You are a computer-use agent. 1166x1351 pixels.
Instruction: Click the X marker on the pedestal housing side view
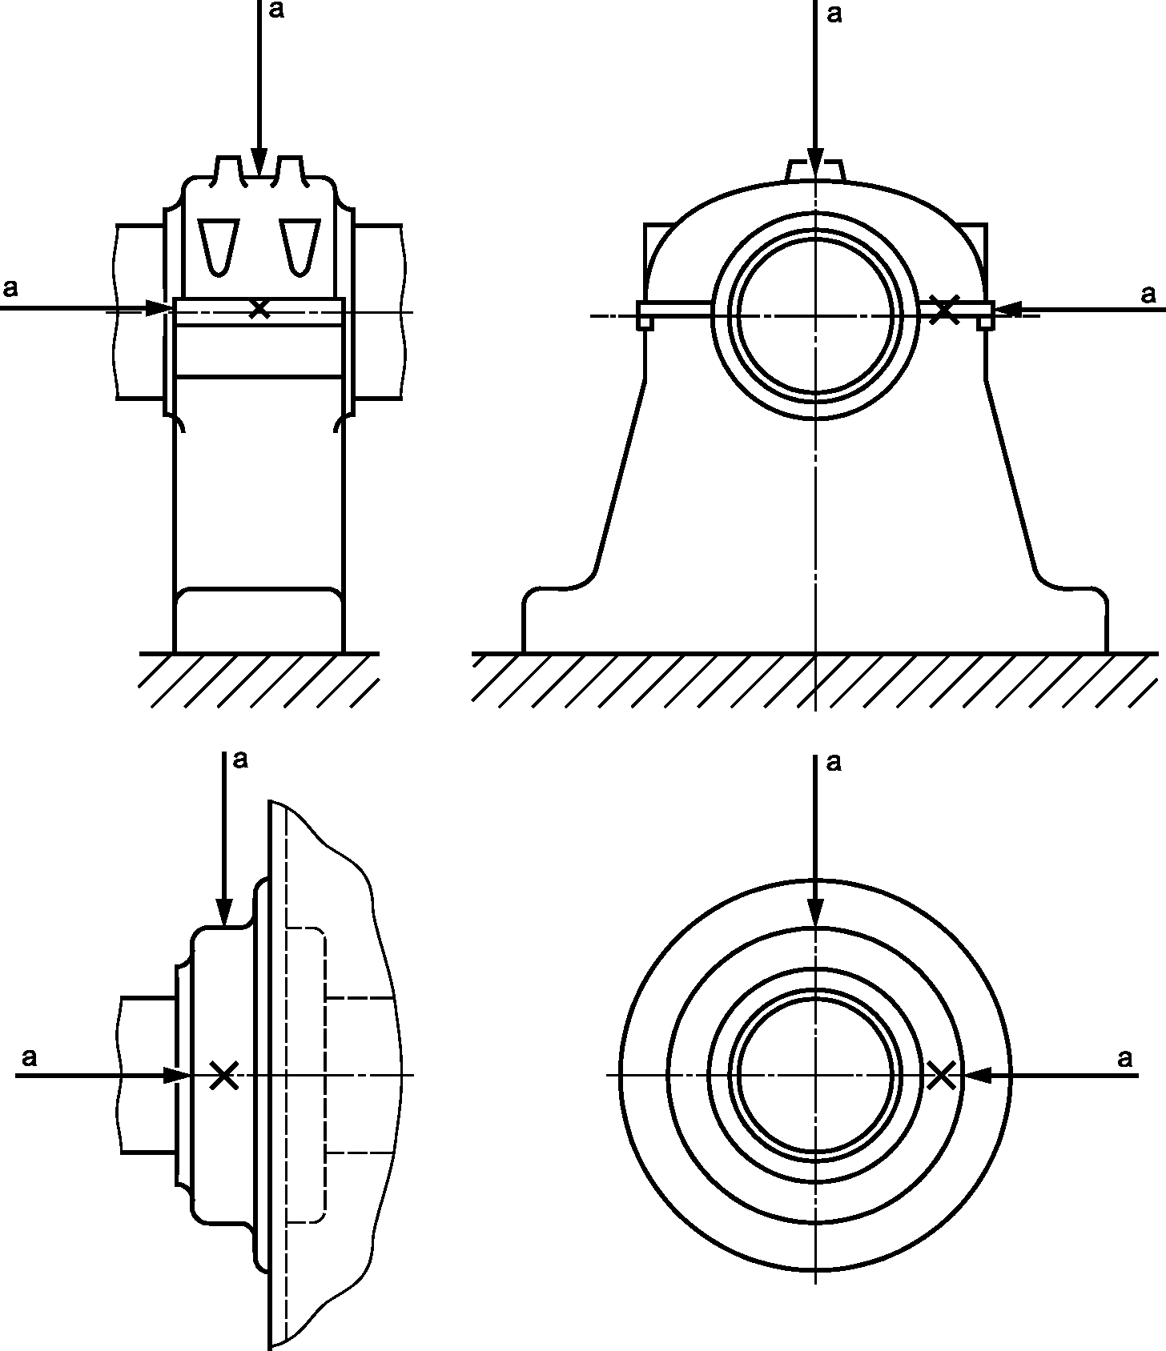(258, 309)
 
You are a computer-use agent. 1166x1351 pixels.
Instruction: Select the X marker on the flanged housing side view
(223, 1075)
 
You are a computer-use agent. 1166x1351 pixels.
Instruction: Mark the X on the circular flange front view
(942, 1075)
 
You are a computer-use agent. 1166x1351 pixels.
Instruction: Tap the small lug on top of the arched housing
(815, 170)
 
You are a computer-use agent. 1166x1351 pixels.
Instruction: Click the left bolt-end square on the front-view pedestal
(645, 315)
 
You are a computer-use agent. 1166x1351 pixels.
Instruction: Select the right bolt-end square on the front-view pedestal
(986, 315)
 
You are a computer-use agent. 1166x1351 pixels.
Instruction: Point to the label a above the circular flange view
(834, 763)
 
